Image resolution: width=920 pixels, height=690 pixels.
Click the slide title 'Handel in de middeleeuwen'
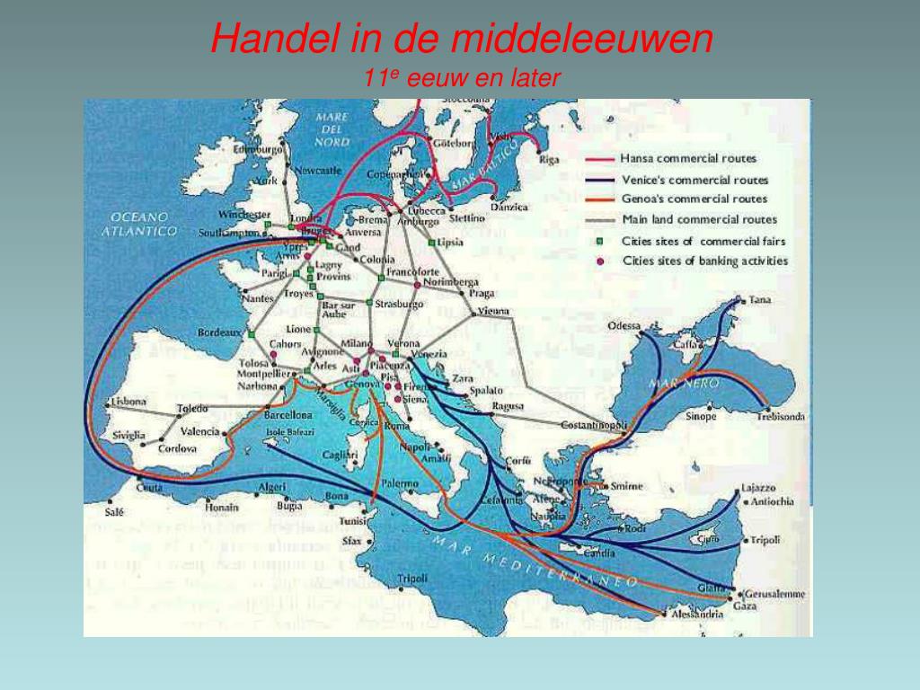point(462,39)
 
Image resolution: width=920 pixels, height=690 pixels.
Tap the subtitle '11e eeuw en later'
point(462,79)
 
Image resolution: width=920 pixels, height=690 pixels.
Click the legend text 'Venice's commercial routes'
point(694,179)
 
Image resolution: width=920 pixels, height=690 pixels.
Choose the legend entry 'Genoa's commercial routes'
point(694,199)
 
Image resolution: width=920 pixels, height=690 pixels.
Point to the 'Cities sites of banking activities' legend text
point(704,261)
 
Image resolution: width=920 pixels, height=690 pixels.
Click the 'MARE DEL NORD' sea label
point(332,129)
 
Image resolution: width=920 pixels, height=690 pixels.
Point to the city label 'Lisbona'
point(128,402)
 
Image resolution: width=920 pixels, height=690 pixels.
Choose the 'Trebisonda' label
point(780,416)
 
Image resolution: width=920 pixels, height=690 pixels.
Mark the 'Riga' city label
point(549,160)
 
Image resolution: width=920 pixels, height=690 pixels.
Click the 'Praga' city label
point(482,293)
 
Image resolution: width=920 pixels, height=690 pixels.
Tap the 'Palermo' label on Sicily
point(400,483)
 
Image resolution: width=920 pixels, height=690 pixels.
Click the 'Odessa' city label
point(624,325)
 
